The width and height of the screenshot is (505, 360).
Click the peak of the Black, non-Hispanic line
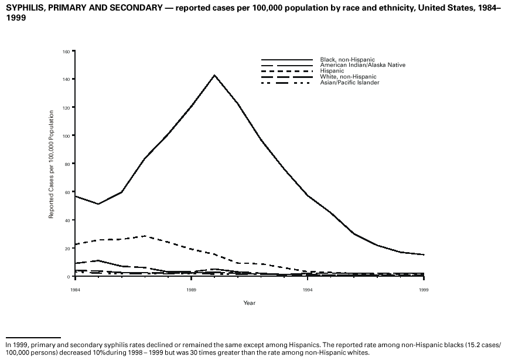tap(214, 75)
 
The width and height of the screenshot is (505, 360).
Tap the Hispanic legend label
tap(332, 71)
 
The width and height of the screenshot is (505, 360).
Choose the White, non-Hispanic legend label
tap(348, 77)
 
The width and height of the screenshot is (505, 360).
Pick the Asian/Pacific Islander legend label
tap(349, 83)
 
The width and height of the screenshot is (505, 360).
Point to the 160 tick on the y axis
tap(66, 52)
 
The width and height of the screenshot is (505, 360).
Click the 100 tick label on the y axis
tap(66, 136)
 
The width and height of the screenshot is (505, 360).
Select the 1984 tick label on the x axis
tap(75, 290)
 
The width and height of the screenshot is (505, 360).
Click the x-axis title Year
tap(250, 303)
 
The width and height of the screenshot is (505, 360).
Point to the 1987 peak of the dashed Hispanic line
tap(145, 236)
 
